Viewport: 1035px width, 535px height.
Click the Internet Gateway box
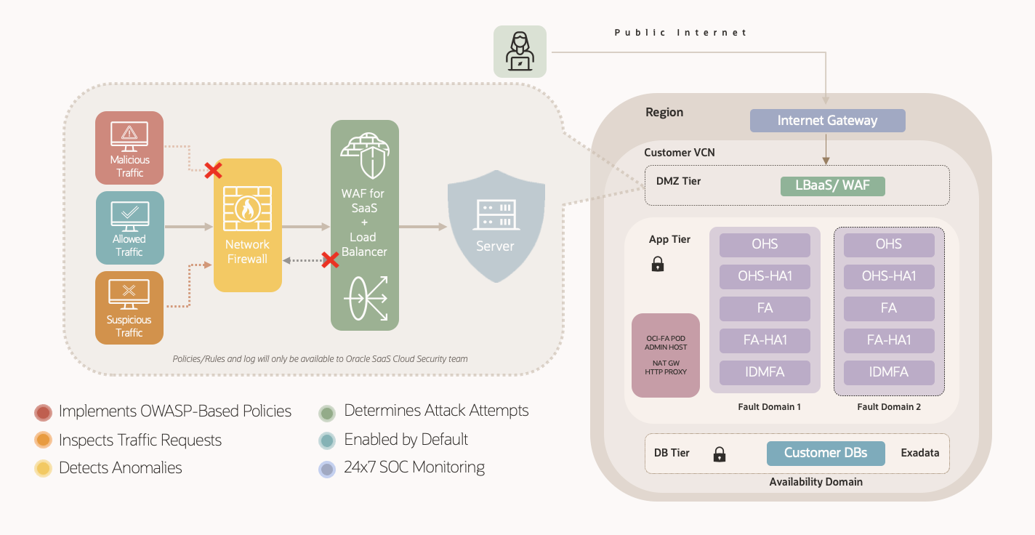click(x=827, y=121)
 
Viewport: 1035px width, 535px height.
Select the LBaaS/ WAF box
click(x=832, y=185)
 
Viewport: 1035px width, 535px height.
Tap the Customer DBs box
click(x=826, y=453)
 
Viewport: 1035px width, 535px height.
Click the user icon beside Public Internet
click(x=520, y=52)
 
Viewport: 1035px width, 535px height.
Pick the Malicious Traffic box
click(x=129, y=148)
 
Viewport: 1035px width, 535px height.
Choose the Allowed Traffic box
click(x=129, y=227)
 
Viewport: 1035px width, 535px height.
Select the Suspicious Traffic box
click(x=129, y=307)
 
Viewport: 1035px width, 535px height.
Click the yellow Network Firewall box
click(x=247, y=225)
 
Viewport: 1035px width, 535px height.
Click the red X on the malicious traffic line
click(x=213, y=171)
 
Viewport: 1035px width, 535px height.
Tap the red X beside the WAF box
click(x=330, y=260)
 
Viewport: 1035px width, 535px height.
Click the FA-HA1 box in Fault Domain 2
click(x=888, y=340)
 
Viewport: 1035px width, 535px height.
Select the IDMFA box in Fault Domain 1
click(x=765, y=372)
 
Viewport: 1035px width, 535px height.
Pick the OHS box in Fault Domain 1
click(x=765, y=244)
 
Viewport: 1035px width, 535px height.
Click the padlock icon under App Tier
click(x=658, y=264)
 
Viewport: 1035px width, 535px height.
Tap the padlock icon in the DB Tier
click(x=720, y=454)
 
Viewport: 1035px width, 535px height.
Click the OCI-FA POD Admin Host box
click(x=665, y=355)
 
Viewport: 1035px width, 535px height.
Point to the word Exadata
click(x=919, y=453)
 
